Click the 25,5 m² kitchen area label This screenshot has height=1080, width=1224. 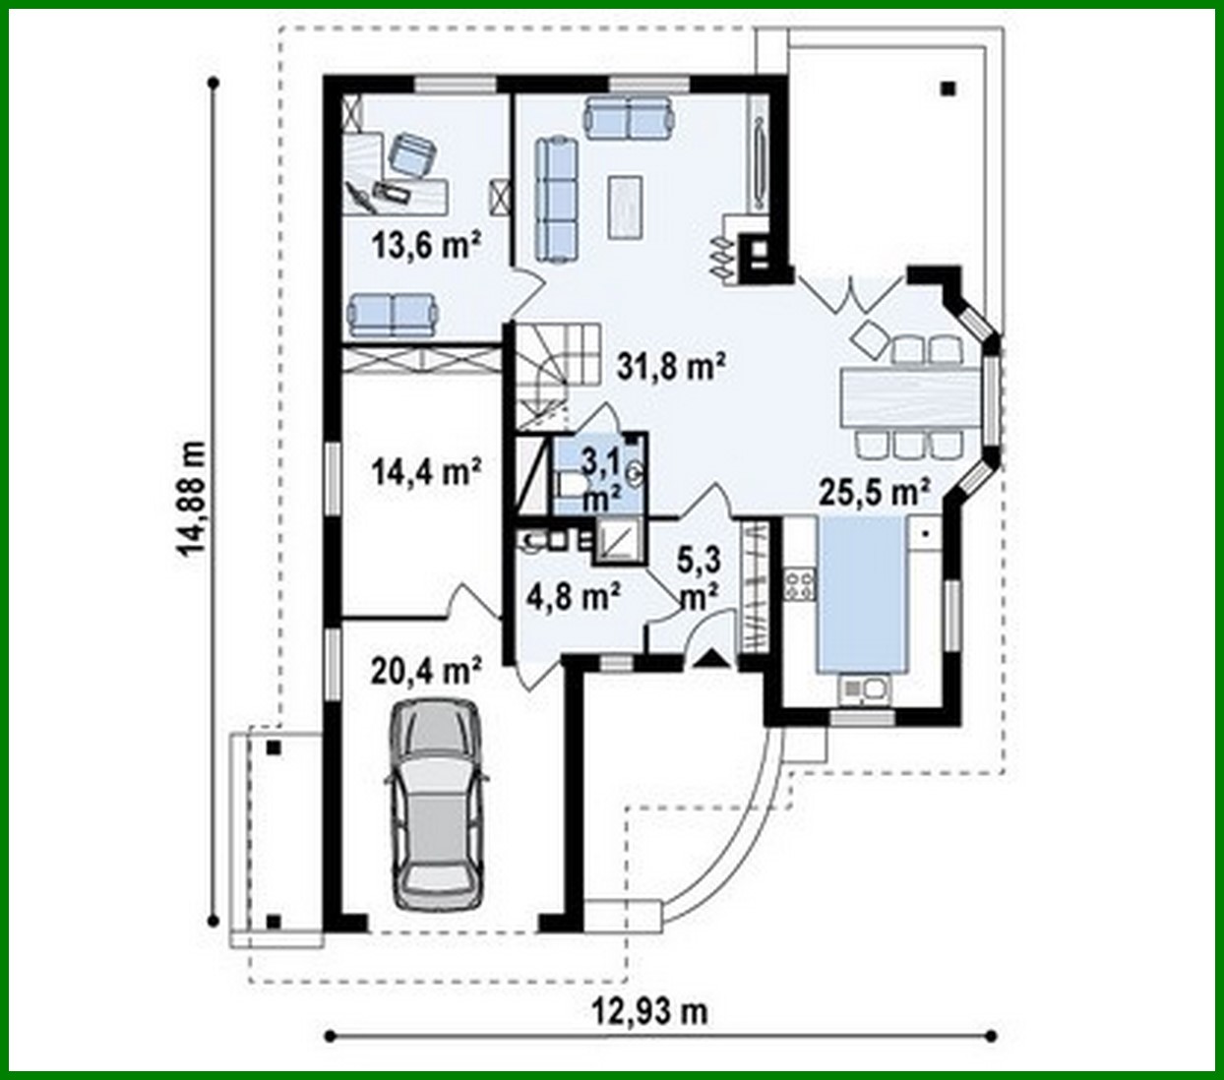tap(875, 491)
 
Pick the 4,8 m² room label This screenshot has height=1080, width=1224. tap(573, 596)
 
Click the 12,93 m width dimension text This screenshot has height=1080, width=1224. tap(649, 1010)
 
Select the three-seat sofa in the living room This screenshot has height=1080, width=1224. tap(556, 200)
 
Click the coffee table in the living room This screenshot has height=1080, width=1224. tap(626, 206)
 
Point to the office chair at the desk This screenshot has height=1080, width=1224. tap(411, 155)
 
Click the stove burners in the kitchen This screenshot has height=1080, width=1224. tap(799, 586)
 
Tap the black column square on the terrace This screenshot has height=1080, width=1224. tap(948, 89)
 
